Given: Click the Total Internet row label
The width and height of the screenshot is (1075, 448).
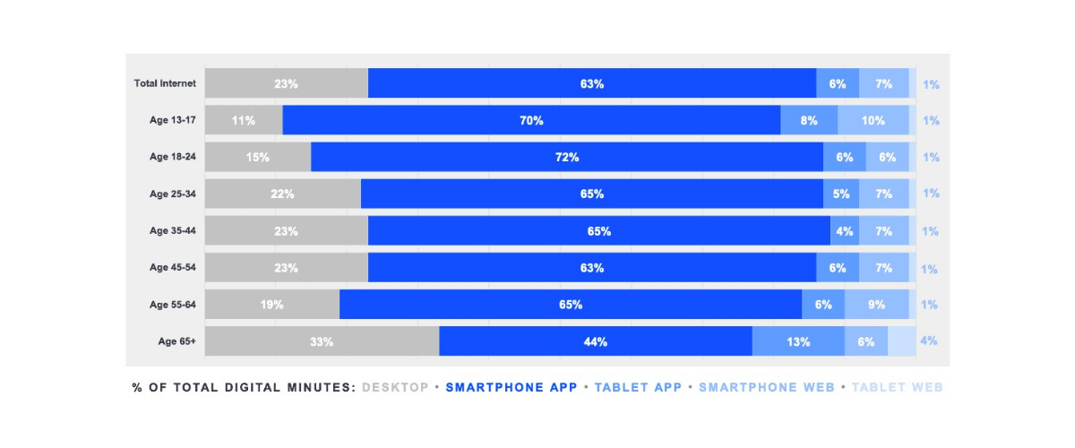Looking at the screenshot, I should [x=165, y=83].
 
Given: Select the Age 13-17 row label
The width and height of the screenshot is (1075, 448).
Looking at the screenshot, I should [x=172, y=120].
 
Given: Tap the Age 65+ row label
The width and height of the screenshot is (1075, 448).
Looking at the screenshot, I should [x=176, y=341].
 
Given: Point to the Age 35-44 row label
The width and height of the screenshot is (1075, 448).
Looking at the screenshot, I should [x=172, y=231].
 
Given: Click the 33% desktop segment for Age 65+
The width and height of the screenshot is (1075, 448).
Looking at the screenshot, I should [x=322, y=341].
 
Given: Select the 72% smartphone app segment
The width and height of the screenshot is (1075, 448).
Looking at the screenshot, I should [x=567, y=157].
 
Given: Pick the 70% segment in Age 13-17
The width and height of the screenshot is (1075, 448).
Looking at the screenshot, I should [x=531, y=120].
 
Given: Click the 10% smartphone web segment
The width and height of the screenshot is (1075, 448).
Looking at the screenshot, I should [x=873, y=120].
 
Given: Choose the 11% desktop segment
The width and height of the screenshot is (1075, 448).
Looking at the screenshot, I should [x=244, y=120].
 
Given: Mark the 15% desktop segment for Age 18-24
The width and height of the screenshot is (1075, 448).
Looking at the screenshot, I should [x=258, y=157].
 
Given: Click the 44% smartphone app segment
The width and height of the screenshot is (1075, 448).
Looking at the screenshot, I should [x=596, y=341].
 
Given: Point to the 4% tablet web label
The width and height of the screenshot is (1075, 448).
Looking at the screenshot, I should [x=930, y=341].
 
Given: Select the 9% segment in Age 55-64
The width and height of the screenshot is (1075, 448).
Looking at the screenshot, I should [x=876, y=305].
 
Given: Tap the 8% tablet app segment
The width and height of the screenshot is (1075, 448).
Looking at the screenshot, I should [x=809, y=120].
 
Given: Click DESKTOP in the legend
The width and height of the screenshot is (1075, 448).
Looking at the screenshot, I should [x=395, y=388].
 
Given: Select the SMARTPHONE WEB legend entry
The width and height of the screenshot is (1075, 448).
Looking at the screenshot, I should [x=766, y=388].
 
